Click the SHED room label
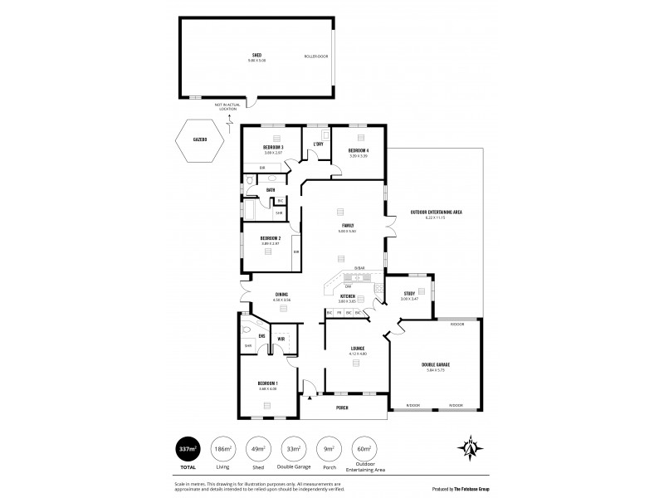click(256, 55)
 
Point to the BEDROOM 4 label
click(359, 150)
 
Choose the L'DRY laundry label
click(317, 144)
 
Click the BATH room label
click(271, 190)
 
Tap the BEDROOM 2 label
click(270, 238)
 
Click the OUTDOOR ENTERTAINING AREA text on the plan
click(436, 212)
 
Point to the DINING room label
click(281, 295)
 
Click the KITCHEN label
click(348, 296)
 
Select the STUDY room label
click(409, 293)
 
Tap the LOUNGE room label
click(358, 349)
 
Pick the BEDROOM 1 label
click(269, 383)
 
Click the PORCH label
click(342, 408)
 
